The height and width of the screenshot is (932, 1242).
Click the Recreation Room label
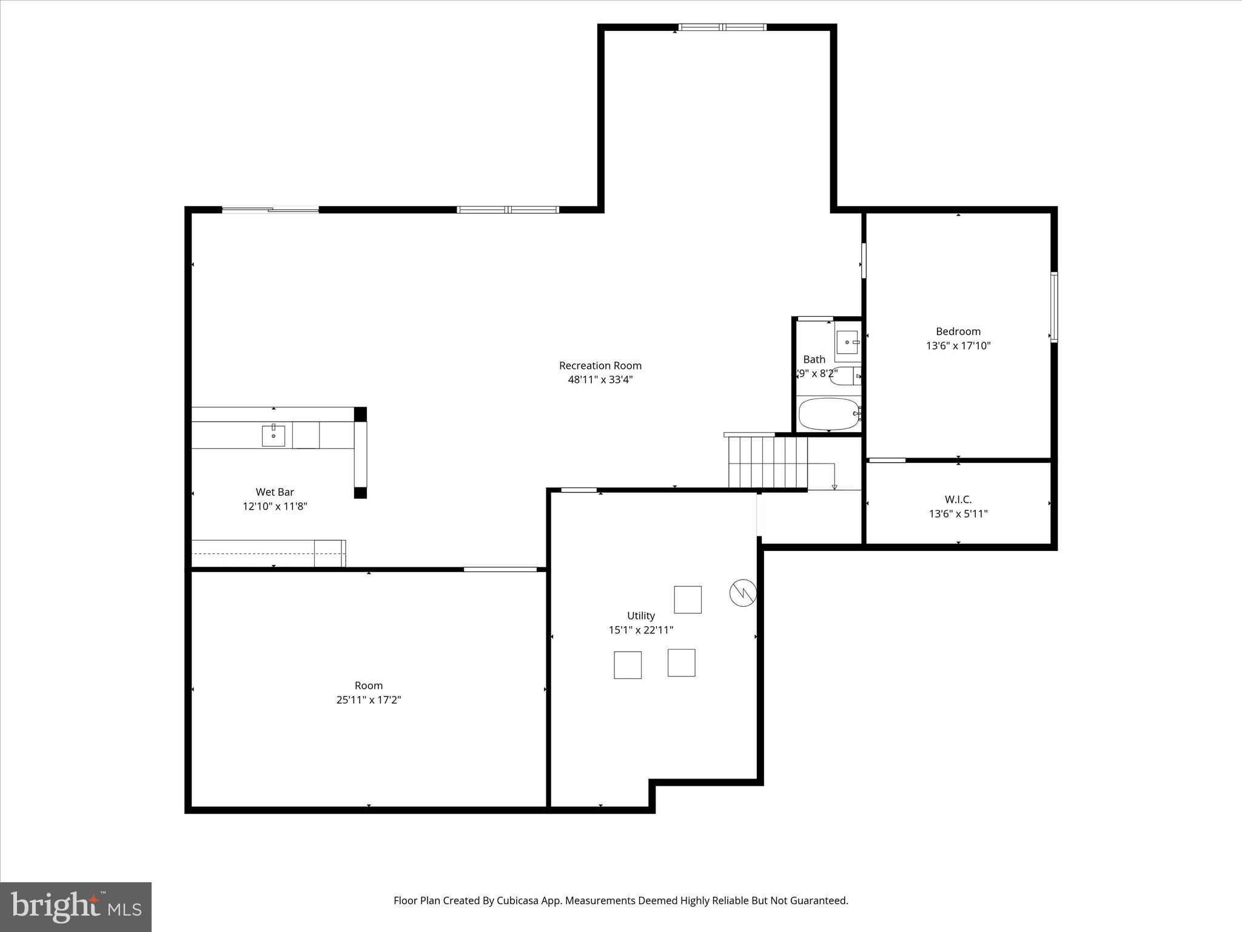point(600,365)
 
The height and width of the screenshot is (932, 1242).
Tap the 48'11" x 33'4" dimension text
point(600,380)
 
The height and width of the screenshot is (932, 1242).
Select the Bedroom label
point(958,331)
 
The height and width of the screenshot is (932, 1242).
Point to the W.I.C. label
point(958,499)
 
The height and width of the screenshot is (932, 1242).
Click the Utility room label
point(640,615)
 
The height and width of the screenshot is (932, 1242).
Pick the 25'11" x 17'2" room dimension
point(369,700)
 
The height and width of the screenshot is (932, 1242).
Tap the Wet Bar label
point(275,492)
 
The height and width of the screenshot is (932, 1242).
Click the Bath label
point(814,359)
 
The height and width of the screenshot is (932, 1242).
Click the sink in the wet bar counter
point(274,436)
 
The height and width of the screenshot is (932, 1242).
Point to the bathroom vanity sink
point(847,342)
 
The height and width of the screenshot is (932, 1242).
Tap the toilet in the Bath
point(845,376)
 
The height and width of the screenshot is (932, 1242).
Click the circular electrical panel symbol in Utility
point(743,593)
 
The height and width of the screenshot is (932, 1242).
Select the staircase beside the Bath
point(768,462)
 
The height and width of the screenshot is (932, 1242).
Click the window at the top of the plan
point(722,27)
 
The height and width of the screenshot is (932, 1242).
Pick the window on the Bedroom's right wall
point(1054,308)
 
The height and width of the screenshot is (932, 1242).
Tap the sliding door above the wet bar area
point(270,210)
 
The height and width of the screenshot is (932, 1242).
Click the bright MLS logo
point(76,907)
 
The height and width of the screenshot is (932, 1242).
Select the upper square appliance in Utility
point(688,599)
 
